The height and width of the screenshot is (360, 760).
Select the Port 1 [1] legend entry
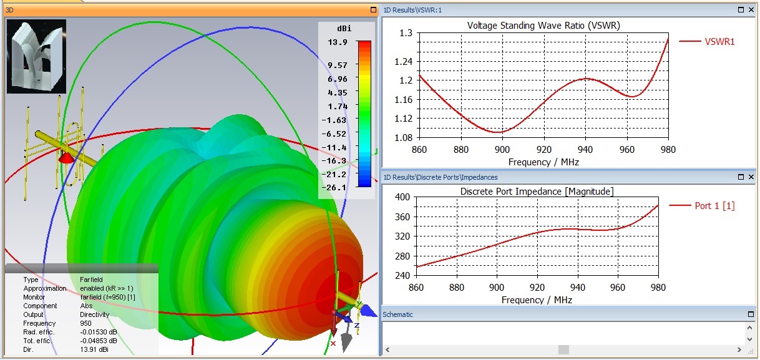click(714, 206)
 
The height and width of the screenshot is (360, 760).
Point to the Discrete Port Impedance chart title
click(537, 191)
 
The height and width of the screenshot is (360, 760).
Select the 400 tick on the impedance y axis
click(402, 197)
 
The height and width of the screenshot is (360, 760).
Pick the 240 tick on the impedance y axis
click(402, 276)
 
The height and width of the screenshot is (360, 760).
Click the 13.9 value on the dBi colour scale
click(337, 42)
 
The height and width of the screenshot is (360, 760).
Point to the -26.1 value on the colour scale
click(337, 187)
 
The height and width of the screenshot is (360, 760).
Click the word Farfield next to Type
click(91, 280)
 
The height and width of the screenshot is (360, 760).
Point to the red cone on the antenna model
click(65, 158)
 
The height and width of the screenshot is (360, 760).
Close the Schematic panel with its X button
click(751, 314)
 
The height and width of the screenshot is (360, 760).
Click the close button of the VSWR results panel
click(751, 10)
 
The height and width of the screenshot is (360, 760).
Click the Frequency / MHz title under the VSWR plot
click(543, 162)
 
